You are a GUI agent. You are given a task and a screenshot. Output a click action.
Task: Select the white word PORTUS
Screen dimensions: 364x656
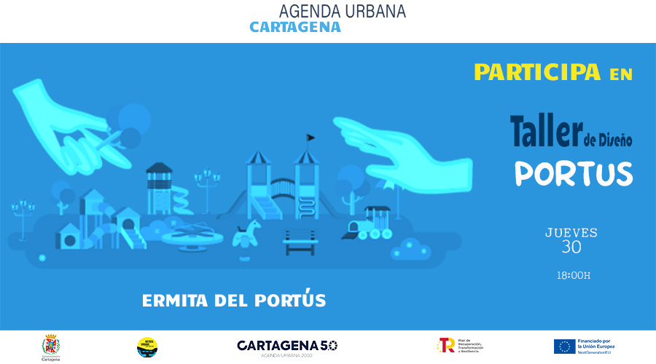coord(573,173)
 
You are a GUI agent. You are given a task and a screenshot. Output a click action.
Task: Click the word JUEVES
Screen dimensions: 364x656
coord(571,233)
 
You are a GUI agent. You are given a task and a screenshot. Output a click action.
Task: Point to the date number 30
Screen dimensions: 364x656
coord(571,247)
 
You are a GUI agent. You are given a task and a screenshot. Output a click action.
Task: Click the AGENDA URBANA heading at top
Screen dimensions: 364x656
coord(343,12)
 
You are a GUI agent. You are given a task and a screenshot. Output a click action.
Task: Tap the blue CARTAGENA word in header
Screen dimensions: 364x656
coord(295,27)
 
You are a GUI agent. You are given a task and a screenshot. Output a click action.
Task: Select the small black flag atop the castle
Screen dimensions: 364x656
coord(311,136)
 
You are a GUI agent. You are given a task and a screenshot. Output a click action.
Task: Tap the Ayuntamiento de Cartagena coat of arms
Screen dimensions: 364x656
coord(50,345)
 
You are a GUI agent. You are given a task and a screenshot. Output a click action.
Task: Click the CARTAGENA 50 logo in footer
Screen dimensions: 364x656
coord(287,345)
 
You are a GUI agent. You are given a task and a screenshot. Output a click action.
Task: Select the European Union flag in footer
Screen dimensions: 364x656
coord(563,345)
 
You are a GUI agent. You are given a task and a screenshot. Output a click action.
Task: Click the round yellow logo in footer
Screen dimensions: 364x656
coord(147,347)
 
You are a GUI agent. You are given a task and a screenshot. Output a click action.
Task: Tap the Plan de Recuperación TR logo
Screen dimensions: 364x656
coord(445,345)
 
